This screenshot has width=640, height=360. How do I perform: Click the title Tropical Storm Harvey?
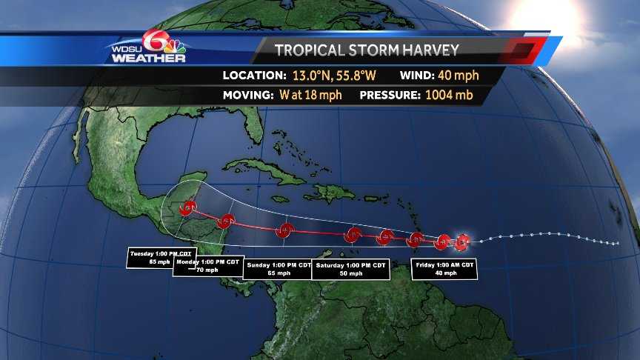(x=367, y=50)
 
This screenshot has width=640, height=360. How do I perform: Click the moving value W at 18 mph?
(x=314, y=96)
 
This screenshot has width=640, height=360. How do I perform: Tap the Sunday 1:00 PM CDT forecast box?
(x=278, y=269)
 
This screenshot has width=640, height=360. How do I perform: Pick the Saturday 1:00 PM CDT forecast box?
(x=350, y=269)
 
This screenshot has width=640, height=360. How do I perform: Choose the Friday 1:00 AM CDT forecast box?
(x=444, y=269)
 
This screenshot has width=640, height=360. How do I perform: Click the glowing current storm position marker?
(x=462, y=241)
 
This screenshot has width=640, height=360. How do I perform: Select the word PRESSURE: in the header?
(x=389, y=96)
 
